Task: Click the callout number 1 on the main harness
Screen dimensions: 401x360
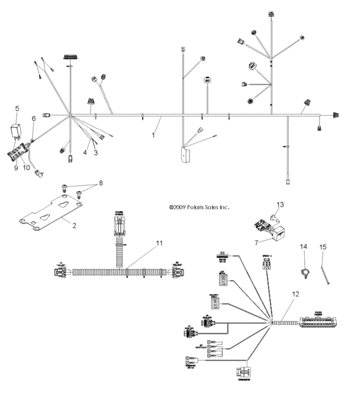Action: (x=152, y=136)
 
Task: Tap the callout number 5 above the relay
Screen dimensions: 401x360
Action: (x=17, y=108)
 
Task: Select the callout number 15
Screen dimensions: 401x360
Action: (x=323, y=247)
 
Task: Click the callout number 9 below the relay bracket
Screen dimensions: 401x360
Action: (x=17, y=167)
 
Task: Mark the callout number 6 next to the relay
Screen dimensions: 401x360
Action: (x=34, y=118)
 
